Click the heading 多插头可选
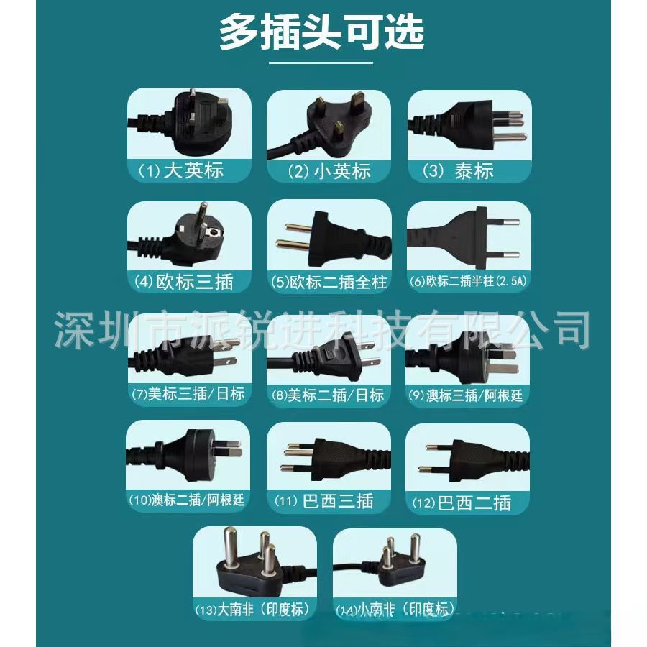click(x=321, y=33)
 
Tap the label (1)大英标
click(x=180, y=170)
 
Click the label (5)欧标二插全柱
click(x=329, y=281)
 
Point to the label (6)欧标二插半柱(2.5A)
click(x=468, y=281)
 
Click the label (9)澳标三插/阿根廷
click(x=468, y=395)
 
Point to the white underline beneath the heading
click(x=321, y=63)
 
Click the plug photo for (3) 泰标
click(x=468, y=123)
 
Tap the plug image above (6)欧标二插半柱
click(x=468, y=235)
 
